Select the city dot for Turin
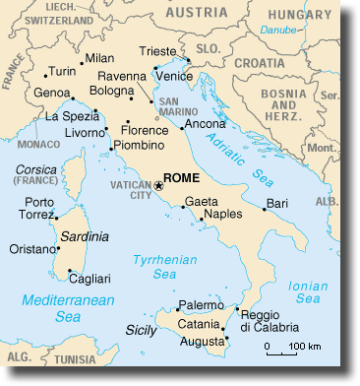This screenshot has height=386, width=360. [x=45, y=73]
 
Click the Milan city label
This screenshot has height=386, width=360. [x=99, y=58]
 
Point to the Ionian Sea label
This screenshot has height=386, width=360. [x=308, y=292]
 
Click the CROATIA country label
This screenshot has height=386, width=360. [x=286, y=61]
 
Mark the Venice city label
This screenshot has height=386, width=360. [x=174, y=76]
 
